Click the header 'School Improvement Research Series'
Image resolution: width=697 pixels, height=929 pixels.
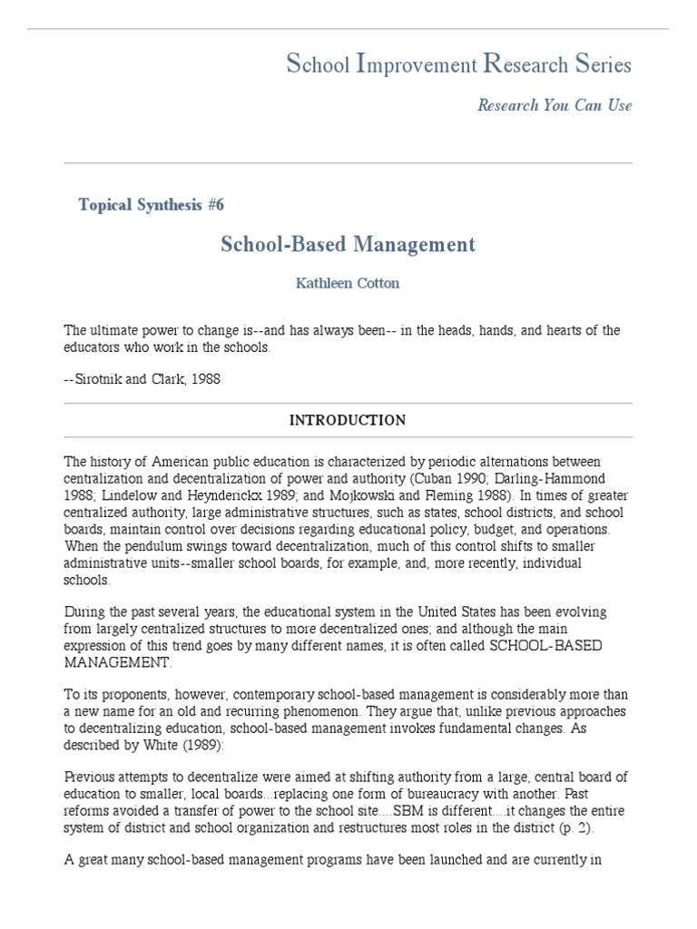tap(458, 64)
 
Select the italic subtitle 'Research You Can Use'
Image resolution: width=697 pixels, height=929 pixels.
tap(555, 105)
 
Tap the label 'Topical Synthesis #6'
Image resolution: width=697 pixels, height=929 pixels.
tap(152, 204)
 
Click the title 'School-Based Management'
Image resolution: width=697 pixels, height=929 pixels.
tap(348, 244)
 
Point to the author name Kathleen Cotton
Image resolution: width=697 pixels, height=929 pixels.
tap(348, 283)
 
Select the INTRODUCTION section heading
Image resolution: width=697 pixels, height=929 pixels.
tap(348, 420)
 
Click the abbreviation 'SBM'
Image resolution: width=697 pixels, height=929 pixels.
tap(365, 810)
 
